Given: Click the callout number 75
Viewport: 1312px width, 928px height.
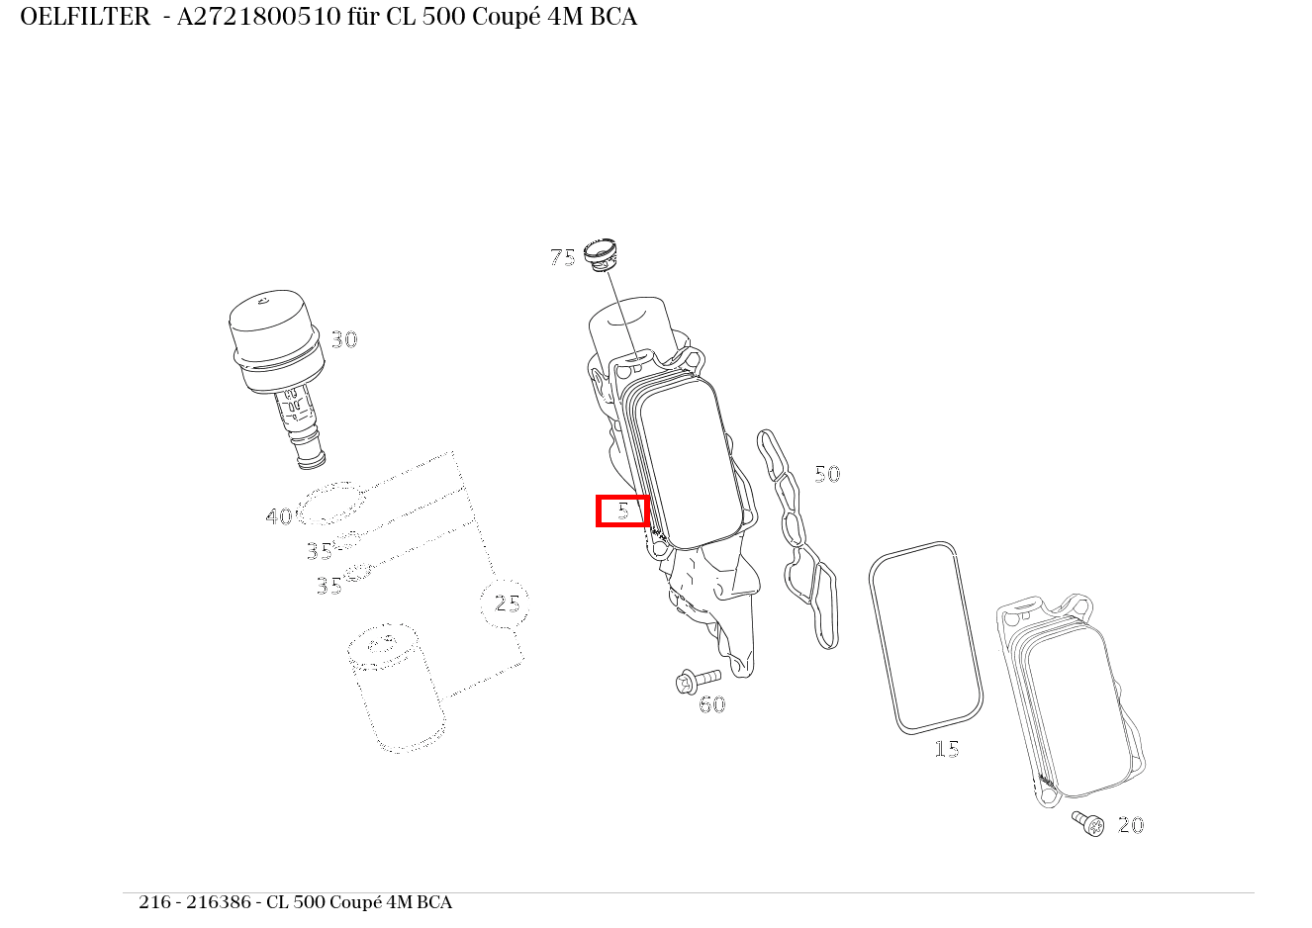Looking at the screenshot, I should point(562,258).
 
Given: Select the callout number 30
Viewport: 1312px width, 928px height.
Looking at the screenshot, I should point(343,339).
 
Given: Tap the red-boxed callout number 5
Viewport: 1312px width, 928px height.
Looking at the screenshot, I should point(622,510).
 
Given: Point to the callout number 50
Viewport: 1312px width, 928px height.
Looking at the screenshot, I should point(826,474).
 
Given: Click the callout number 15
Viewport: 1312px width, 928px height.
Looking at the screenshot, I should point(947,749).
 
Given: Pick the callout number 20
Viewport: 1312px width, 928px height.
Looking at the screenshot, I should point(1130,825).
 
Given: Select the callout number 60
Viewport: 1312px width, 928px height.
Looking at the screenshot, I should point(712,704).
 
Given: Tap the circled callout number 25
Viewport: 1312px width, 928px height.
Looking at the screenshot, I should point(506,603).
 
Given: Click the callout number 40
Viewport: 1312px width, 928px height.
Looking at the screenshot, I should point(278,516).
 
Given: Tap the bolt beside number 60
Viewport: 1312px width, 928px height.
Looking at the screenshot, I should point(697,681).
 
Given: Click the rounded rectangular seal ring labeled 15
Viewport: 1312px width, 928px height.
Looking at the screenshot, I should point(926,637).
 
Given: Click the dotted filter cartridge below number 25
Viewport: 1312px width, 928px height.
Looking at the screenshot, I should point(393,687).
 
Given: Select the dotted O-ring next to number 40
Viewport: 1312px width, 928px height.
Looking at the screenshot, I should point(331,504).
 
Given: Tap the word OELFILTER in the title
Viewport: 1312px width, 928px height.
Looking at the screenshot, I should point(85,17).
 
